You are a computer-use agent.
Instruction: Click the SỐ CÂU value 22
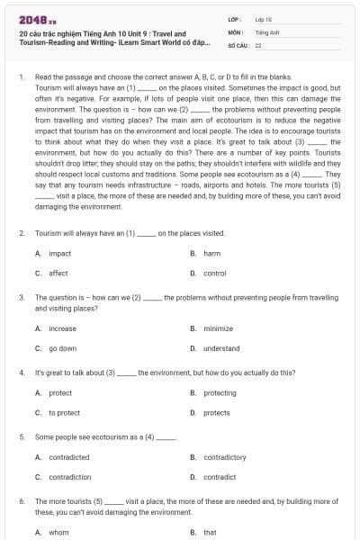[258, 44]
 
